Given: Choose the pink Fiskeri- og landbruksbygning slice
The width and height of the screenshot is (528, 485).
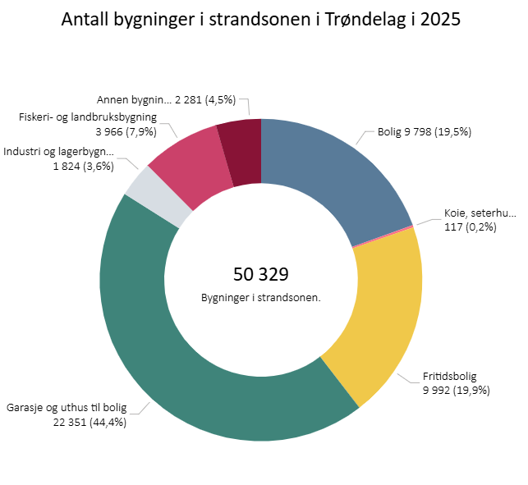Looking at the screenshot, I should click(187, 156).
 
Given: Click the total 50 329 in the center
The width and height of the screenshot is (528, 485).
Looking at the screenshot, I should click(260, 275).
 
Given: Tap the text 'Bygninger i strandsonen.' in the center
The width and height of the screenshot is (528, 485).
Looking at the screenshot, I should click(260, 297).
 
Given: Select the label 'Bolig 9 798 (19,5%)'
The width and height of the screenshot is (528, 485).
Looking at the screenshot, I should click(424, 131).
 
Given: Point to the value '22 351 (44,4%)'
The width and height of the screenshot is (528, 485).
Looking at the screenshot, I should click(90, 423).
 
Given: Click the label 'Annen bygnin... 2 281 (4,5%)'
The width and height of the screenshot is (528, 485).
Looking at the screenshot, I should click(166, 100).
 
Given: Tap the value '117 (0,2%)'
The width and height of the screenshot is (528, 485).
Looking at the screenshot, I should click(470, 227).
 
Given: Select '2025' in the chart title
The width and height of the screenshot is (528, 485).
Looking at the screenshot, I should click(440, 20).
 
